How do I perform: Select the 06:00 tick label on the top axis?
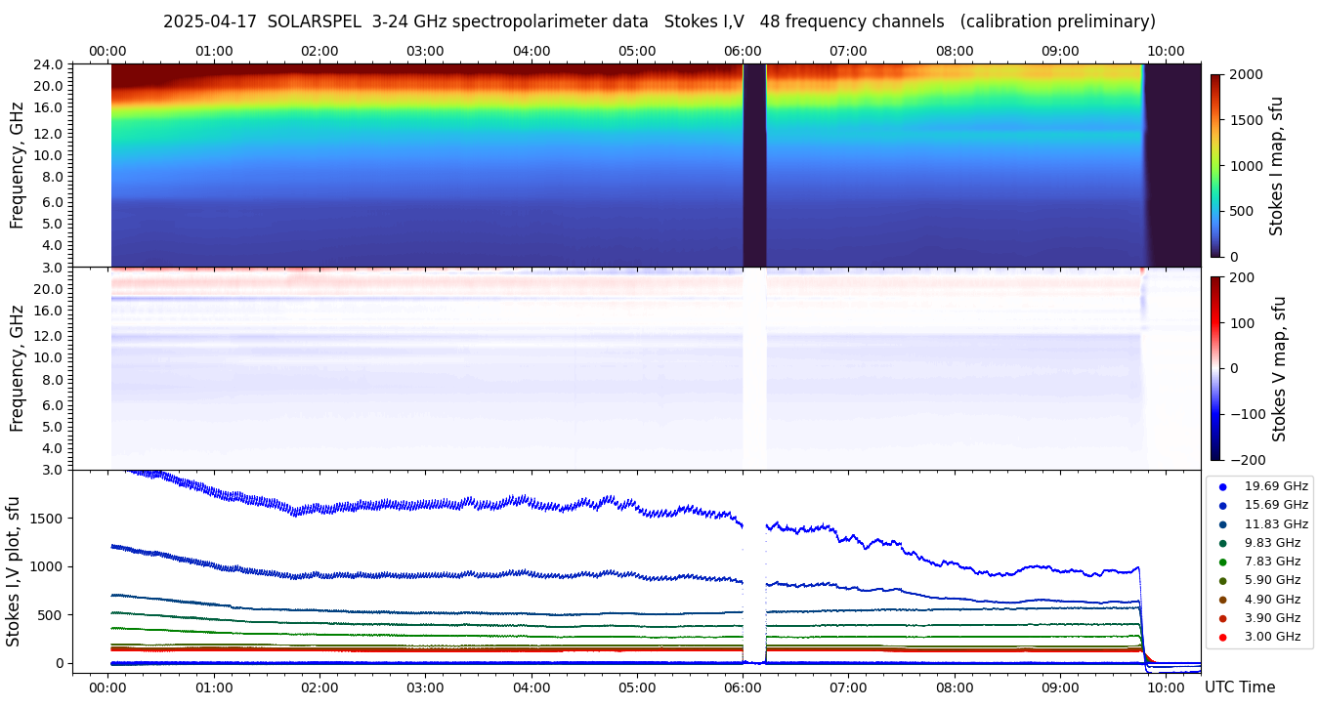[x=743, y=51]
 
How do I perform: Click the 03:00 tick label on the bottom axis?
[x=425, y=687]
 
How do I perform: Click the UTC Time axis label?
[x=1240, y=687]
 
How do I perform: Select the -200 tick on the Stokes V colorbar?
[x=1248, y=460]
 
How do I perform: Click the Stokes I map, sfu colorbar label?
[x=1276, y=166]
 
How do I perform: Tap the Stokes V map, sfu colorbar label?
[x=1279, y=369]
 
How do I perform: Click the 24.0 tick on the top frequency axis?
[x=50, y=64]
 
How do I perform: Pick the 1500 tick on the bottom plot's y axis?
[x=48, y=518]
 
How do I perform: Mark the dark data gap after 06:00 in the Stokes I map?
[x=754, y=166]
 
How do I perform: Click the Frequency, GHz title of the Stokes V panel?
[x=17, y=369]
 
